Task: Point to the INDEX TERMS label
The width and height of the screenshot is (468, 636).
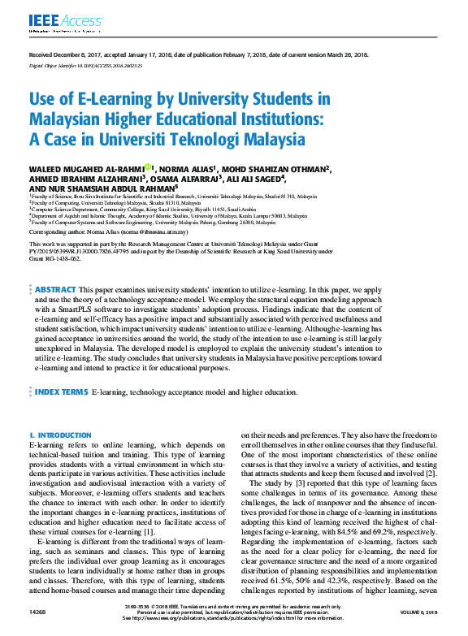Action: coord(62,392)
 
